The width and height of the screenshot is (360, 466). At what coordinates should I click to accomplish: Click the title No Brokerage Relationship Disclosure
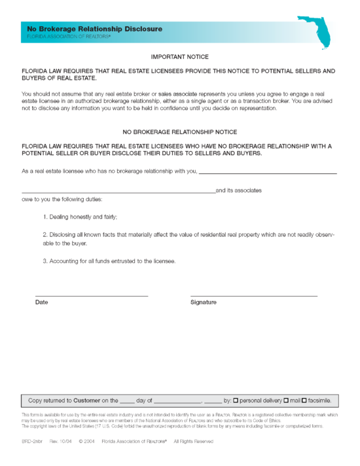(x=94, y=29)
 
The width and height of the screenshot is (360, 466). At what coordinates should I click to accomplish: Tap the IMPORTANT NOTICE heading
(x=180, y=58)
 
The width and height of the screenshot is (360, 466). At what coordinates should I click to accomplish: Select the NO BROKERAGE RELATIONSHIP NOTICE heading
(x=180, y=132)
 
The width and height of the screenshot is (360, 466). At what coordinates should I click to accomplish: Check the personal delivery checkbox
(x=236, y=399)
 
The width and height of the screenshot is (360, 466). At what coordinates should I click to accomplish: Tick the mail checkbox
(x=286, y=399)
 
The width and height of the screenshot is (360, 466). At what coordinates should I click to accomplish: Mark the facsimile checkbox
(x=304, y=399)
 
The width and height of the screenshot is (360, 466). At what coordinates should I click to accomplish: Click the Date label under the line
(x=41, y=302)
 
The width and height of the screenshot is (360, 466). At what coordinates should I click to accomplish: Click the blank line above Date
(x=91, y=296)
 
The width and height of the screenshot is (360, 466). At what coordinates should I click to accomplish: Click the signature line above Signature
(x=253, y=296)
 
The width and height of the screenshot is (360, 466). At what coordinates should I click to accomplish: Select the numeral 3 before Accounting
(x=45, y=261)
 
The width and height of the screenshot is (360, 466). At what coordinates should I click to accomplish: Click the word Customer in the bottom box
(x=86, y=399)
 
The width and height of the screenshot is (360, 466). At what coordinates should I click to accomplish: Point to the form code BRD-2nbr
(x=33, y=441)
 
